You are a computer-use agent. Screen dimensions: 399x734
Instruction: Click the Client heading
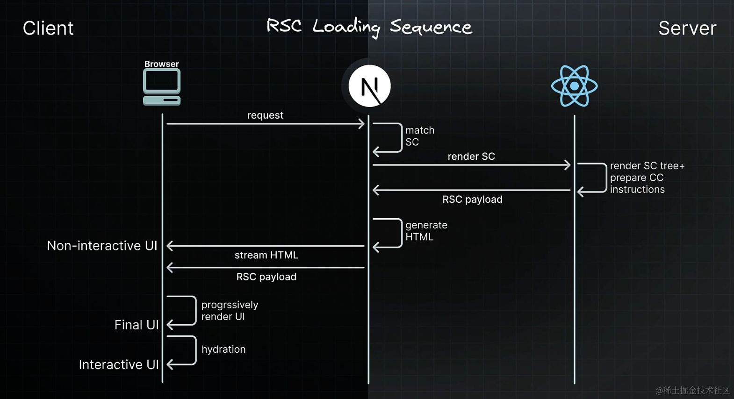click(x=48, y=28)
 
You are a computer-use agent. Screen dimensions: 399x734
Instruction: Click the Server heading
click(x=687, y=28)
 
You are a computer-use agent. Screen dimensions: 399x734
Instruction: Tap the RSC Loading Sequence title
click(x=369, y=27)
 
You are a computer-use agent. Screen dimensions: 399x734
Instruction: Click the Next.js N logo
click(x=369, y=86)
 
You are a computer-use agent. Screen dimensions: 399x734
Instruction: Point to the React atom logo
click(x=574, y=86)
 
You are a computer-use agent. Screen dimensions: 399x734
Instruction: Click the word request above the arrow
click(x=265, y=115)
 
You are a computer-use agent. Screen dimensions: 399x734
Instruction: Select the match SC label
click(x=419, y=136)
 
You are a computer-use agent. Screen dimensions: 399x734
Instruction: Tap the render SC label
click(x=471, y=157)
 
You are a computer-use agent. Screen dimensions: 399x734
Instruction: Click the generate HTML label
click(x=426, y=231)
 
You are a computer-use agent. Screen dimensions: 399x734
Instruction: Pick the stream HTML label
click(x=266, y=255)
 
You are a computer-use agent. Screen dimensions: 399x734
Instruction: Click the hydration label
click(x=223, y=349)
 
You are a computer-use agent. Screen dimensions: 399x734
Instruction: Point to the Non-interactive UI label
click(x=102, y=246)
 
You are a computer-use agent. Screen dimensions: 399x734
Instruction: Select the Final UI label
click(x=137, y=325)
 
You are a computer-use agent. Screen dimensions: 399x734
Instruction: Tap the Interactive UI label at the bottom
click(x=119, y=364)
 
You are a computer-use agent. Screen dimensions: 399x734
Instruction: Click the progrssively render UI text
click(x=230, y=311)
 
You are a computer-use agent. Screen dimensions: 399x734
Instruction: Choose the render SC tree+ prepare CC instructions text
click(x=647, y=178)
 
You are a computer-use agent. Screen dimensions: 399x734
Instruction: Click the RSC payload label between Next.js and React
click(x=472, y=199)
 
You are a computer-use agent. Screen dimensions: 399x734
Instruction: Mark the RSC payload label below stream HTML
click(x=266, y=277)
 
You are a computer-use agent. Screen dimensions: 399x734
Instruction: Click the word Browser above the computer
click(x=161, y=64)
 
